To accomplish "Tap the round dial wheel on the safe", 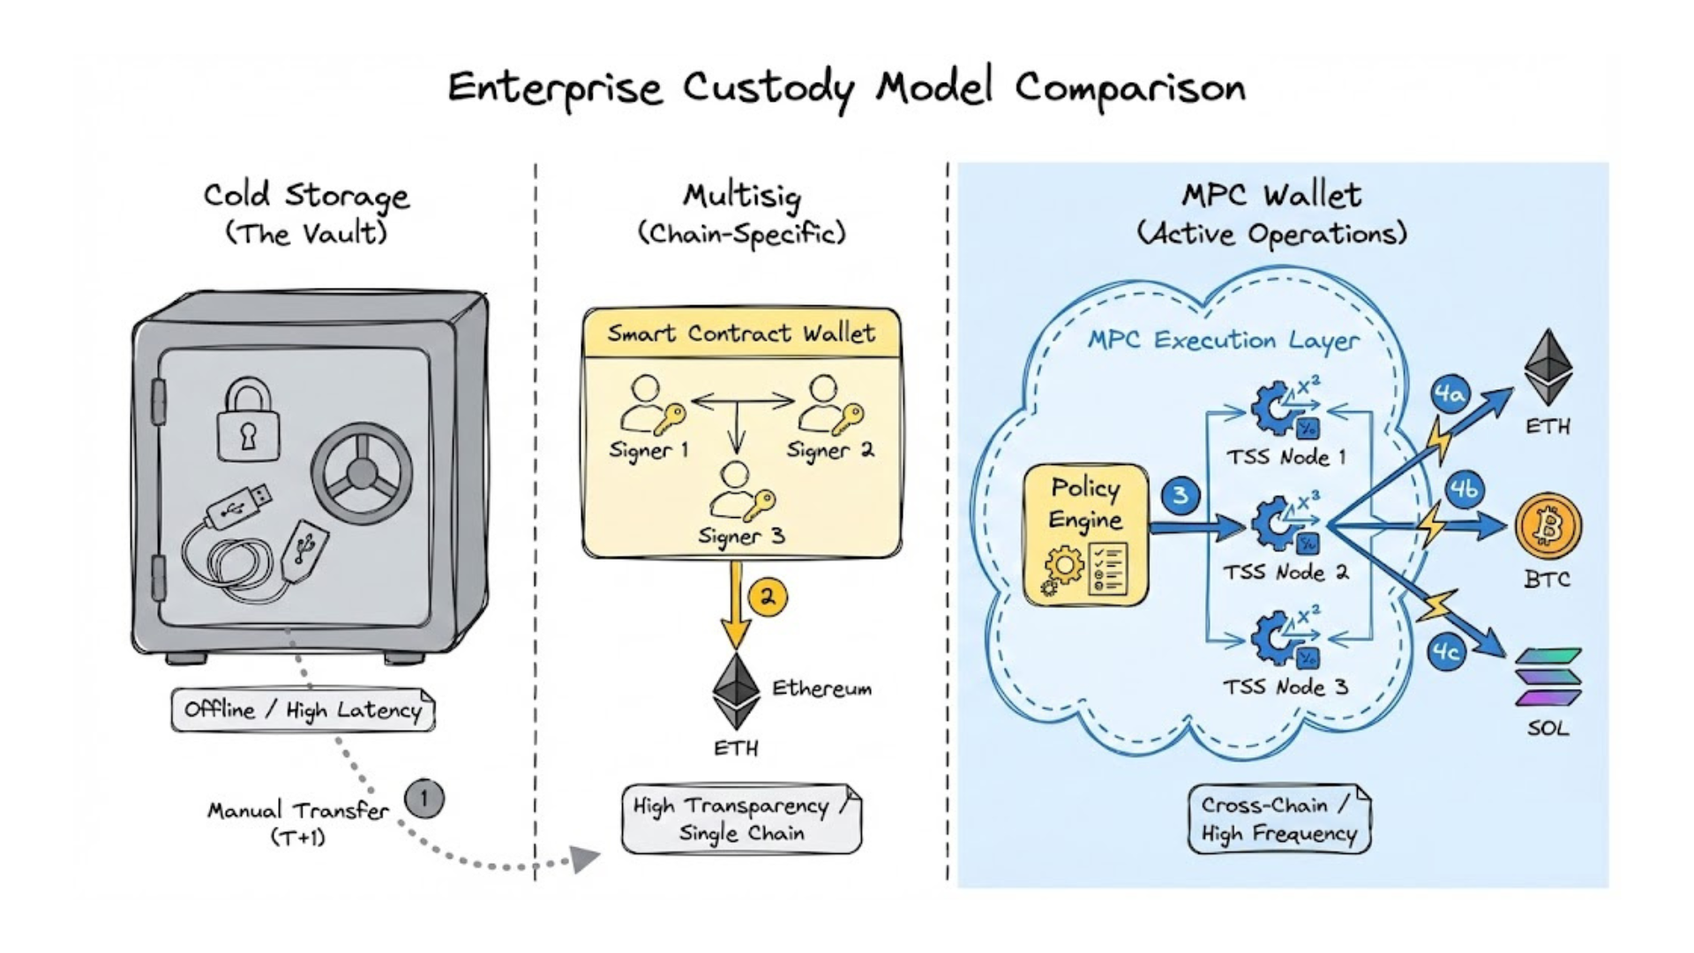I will point(362,474).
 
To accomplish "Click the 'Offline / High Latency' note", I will point(303,709).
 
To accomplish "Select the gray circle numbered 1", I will point(424,799).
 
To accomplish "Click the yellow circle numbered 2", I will point(768,597).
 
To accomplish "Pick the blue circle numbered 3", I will point(1181,495).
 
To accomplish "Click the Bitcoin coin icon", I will point(1548,527).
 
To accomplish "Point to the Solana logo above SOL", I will point(1548,678).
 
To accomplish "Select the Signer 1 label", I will point(648,450).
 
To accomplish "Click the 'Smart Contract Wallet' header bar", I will point(741,334).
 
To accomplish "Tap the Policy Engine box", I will point(1086,536).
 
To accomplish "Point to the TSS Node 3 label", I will point(1285,687).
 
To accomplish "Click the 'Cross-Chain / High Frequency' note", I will point(1278,819).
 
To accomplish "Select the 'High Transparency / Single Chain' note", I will point(741,819).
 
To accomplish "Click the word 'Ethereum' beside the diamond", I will point(821,688).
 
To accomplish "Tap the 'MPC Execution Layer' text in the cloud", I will point(1223,341).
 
